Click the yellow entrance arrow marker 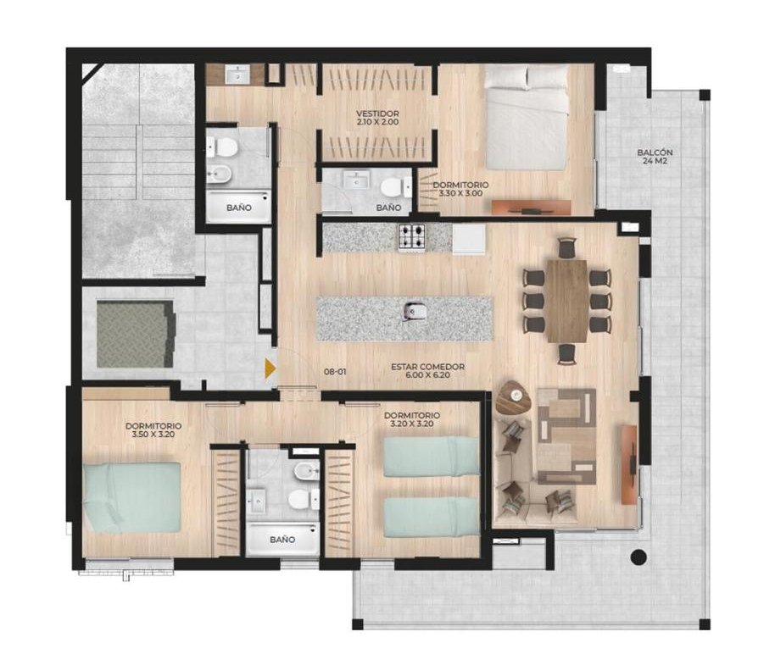click(270, 369)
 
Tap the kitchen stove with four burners click(412, 237)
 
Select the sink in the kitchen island click(411, 311)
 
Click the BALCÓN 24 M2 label click(655, 157)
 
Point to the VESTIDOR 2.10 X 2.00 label click(377, 118)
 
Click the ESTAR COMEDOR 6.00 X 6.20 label click(427, 371)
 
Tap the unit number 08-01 click(335, 372)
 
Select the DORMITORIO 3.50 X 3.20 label click(153, 429)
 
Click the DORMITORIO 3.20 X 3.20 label click(412, 419)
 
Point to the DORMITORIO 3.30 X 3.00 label click(460, 189)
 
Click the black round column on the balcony click(638, 557)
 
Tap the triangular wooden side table click(514, 398)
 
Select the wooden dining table click(567, 301)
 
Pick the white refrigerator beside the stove click(469, 239)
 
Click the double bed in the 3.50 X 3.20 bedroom click(131, 497)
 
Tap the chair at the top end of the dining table click(567, 247)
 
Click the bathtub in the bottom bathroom click(282, 540)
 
